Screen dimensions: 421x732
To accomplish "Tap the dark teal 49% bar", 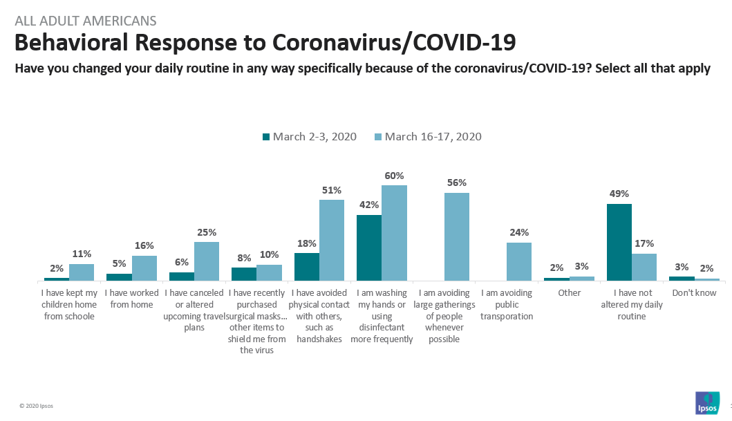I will (619, 243).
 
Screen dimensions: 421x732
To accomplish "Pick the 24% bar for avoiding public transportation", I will (519, 262).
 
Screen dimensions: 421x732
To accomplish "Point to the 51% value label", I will (332, 191).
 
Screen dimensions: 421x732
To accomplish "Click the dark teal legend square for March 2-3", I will (266, 137).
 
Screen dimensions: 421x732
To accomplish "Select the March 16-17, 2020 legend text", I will (433, 137).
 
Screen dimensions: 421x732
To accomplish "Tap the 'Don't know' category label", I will (693, 293).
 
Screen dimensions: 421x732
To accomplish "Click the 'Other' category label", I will (569, 293).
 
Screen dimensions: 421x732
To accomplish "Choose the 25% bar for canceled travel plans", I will (207, 261).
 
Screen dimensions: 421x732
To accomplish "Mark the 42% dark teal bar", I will (369, 248).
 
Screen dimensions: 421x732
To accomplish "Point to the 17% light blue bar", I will (644, 267).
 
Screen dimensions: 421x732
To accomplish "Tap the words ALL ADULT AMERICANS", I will (86, 21).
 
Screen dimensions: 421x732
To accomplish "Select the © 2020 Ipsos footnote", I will (35, 406).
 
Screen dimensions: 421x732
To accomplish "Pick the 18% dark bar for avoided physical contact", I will (307, 267).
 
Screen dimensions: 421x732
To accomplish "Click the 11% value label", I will (82, 254).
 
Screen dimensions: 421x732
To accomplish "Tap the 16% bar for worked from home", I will (144, 268).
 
